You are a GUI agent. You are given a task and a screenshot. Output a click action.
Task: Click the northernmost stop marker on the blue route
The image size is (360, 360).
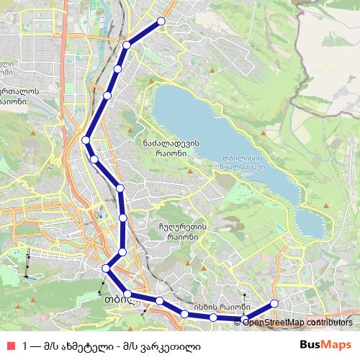(x=161, y=22)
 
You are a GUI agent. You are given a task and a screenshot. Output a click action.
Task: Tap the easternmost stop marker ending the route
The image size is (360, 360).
(x=274, y=303)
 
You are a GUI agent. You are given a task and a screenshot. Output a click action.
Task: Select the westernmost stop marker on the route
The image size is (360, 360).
(x=86, y=140)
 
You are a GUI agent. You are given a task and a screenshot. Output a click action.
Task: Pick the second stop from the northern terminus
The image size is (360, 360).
(x=127, y=45)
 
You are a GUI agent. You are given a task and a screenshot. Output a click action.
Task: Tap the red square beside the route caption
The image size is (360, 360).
(x=10, y=344)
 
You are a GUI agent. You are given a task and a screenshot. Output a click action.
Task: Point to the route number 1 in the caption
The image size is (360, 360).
(x=25, y=344)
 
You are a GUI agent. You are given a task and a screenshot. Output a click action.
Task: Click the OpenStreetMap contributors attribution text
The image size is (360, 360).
(x=301, y=322)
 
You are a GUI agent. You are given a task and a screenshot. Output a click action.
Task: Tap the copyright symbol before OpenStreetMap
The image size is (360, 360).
(x=246, y=322)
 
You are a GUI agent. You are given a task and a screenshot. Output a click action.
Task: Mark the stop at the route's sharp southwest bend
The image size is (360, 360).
(x=106, y=268)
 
